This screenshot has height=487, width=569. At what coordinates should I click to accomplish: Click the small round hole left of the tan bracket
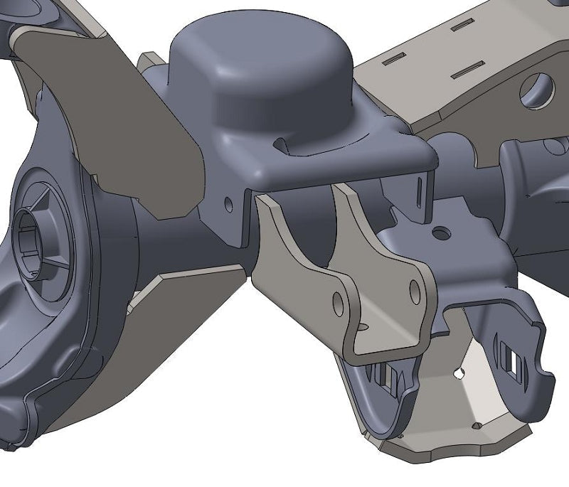pyautogui.click(x=228, y=204)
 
